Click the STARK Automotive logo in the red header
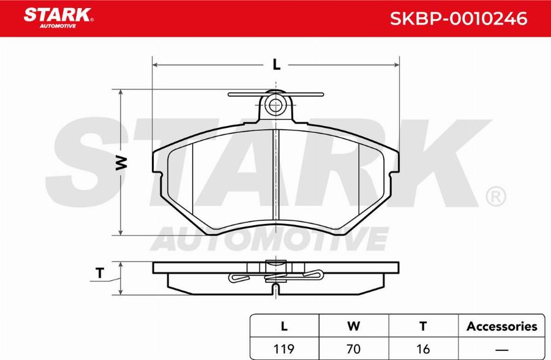[58, 18]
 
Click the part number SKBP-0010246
[459, 18]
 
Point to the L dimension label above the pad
[277, 65]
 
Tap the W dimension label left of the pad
[121, 163]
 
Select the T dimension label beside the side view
[100, 273]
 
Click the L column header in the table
[284, 326]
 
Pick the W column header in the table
[353, 326]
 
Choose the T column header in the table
[423, 326]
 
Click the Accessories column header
[502, 326]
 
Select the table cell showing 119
[284, 349]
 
